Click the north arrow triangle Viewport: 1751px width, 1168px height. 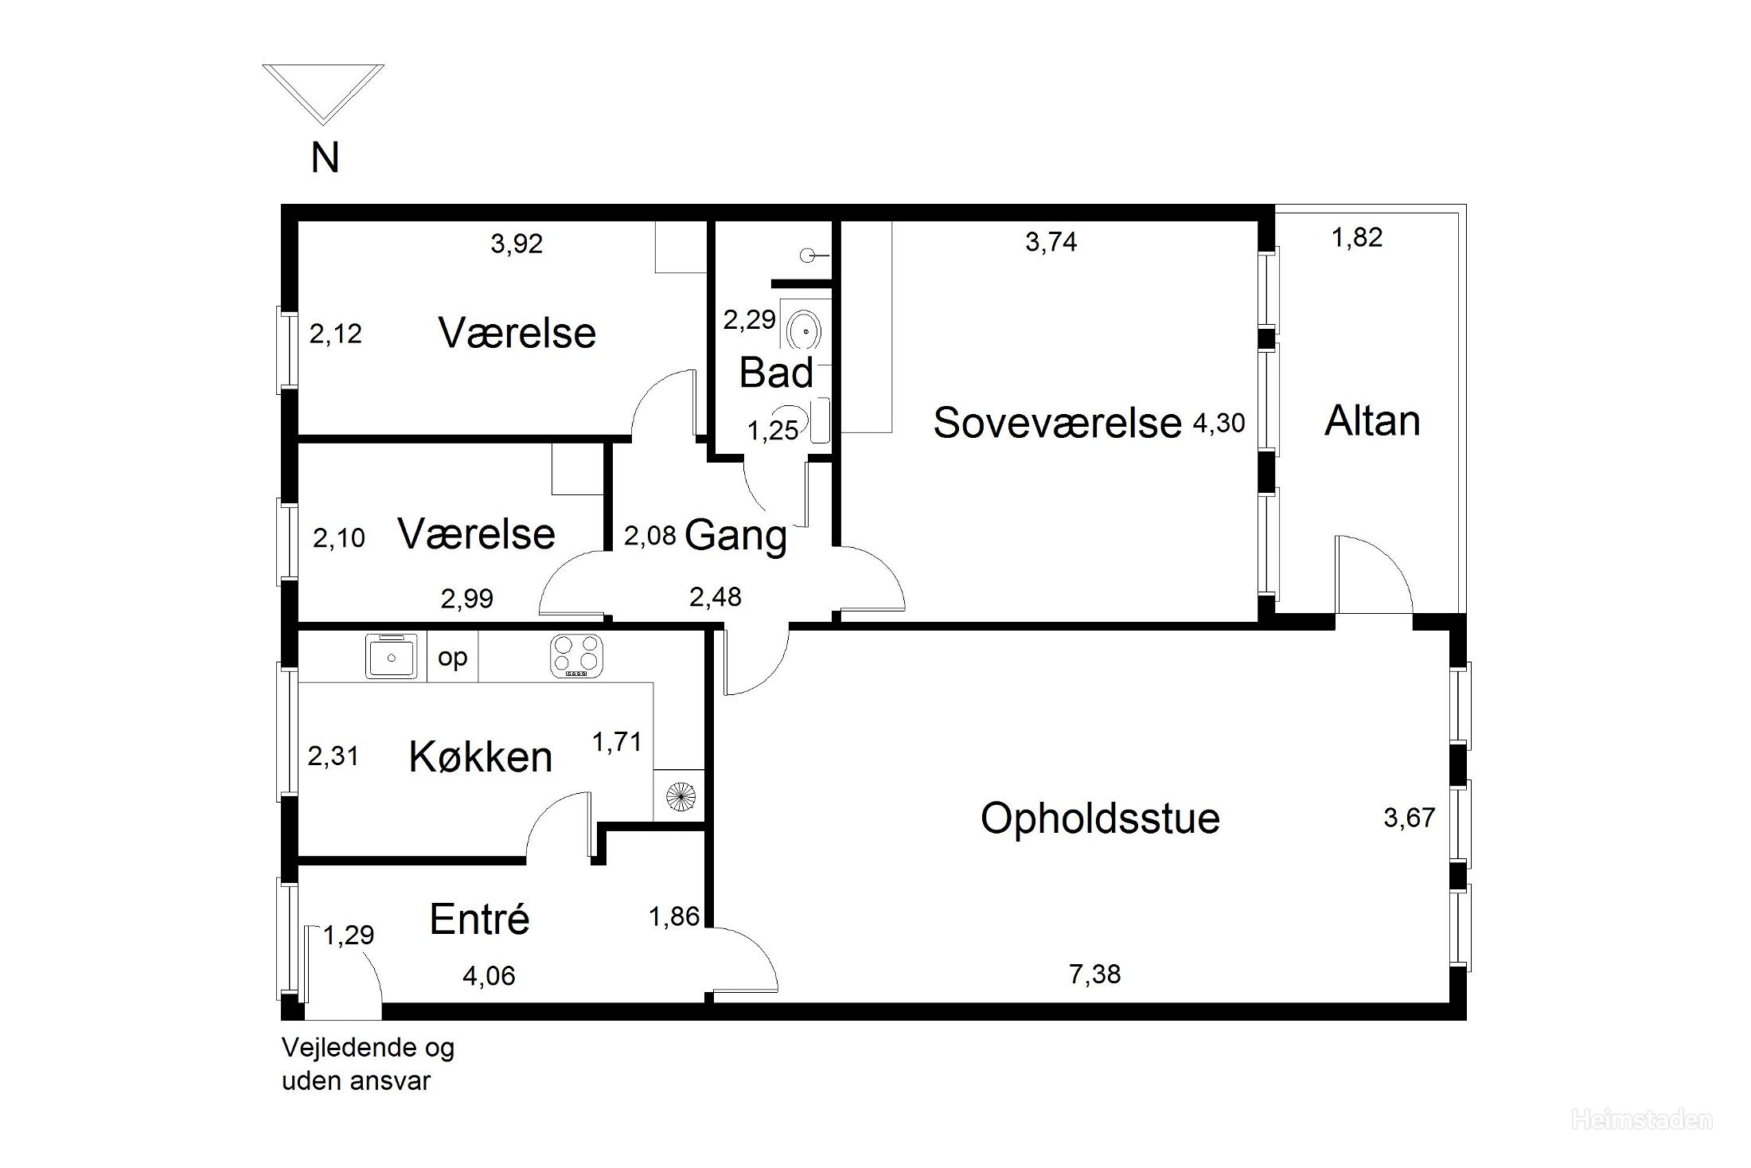pos(323,68)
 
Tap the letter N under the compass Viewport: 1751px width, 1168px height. pos(325,158)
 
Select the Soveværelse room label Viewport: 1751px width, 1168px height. pos(1057,422)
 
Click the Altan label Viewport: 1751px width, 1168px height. pos(1372,420)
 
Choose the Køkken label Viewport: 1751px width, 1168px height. pos(481,756)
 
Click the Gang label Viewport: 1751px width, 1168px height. pos(735,535)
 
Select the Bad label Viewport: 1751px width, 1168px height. pos(776,373)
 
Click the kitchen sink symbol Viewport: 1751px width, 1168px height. pos(392,655)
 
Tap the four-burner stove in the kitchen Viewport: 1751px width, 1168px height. pos(576,656)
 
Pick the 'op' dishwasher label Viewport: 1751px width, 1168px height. pos(453,658)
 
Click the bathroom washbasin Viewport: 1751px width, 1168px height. pos(805,328)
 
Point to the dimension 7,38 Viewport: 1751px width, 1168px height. pos(1095,974)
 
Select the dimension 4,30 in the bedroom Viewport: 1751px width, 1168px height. pos(1219,422)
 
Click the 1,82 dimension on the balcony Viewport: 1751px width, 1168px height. pos(1357,237)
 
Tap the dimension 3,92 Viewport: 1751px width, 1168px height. pos(517,244)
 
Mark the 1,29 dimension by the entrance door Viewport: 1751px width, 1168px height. pos(349,935)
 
